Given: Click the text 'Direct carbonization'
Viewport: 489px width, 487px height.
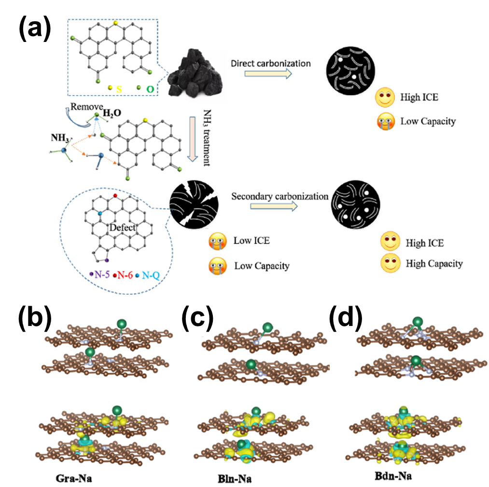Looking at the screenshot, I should click(x=270, y=63).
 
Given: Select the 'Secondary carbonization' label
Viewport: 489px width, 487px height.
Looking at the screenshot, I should click(x=279, y=196).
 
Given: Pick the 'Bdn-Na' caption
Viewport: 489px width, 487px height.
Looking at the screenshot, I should click(x=393, y=476).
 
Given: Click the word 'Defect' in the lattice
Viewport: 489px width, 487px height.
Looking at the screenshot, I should click(x=122, y=228).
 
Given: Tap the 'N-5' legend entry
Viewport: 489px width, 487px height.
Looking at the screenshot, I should click(x=101, y=275).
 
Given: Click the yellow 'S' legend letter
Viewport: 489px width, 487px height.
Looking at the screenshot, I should click(x=119, y=90).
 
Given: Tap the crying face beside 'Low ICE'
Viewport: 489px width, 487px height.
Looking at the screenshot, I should click(x=217, y=241).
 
